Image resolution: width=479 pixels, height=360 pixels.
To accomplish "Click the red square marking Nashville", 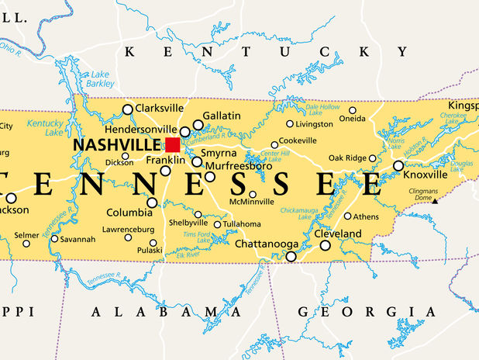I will [x=172, y=144].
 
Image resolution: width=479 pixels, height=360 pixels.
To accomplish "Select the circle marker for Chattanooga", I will [x=291, y=256].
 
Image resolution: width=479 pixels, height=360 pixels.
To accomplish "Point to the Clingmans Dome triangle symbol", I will [x=435, y=201].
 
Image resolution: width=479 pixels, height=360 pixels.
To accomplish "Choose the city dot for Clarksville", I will [x=128, y=109].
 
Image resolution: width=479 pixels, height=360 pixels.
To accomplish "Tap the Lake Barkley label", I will [x=101, y=79].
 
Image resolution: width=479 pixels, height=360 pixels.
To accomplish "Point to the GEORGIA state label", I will [x=358, y=311].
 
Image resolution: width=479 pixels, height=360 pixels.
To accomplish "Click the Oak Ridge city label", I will [x=346, y=158].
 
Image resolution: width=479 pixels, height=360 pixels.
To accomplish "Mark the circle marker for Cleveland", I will [x=325, y=245].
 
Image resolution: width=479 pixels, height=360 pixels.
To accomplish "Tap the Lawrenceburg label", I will [x=129, y=229].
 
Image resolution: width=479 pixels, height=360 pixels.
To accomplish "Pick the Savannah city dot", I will [x=54, y=238].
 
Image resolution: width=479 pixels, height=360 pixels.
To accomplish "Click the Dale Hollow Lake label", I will [x=323, y=109].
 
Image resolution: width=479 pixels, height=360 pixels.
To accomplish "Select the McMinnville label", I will [x=252, y=202].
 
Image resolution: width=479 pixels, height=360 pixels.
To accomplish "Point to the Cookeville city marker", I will [x=274, y=144].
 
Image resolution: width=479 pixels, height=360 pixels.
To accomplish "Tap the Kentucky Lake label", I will [x=44, y=127].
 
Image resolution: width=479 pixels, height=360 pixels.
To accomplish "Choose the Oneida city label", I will [x=353, y=119].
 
